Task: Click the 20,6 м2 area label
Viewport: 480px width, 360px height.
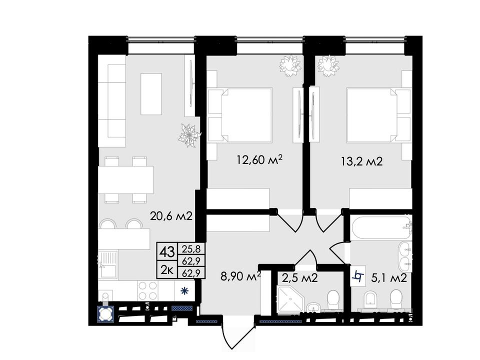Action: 171,216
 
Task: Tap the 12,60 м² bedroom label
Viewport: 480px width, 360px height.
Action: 259,159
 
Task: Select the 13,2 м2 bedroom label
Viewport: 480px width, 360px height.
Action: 362,161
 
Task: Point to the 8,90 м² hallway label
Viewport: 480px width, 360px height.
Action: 240,276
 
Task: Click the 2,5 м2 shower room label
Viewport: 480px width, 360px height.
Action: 299,278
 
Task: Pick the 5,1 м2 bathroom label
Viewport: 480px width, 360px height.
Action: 389,278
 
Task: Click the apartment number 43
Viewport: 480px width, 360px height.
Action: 167,252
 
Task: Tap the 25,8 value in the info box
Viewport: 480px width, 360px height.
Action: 191,249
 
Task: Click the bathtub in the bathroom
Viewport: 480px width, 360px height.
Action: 381,228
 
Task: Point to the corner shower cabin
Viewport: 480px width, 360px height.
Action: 289,299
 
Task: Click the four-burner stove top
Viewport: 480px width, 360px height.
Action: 148,291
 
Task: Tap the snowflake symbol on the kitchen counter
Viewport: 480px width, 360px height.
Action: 184,291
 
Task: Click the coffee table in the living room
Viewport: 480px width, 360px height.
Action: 151,94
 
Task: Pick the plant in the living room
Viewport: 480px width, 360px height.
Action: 189,135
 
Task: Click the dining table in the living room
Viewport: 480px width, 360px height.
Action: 125,179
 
